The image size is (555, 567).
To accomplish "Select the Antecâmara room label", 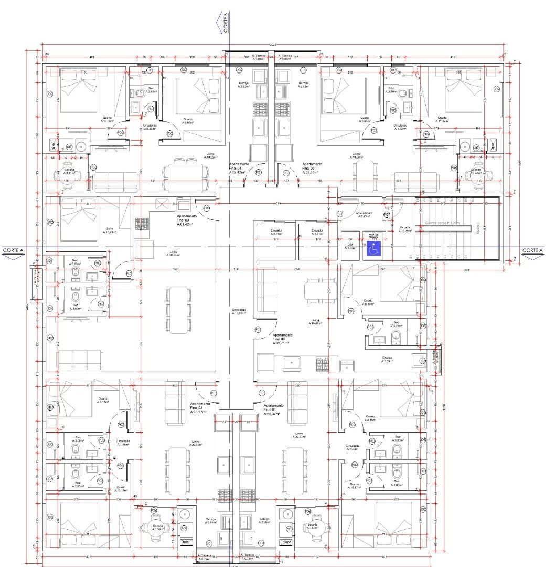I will click(364, 215).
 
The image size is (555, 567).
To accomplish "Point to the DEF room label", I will click(349, 246).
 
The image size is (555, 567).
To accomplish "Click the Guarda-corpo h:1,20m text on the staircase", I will click(442, 223).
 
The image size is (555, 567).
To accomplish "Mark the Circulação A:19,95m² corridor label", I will click(239, 311).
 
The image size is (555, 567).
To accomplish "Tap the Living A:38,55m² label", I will click(174, 253).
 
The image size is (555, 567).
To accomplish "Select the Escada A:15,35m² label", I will click(405, 229).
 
